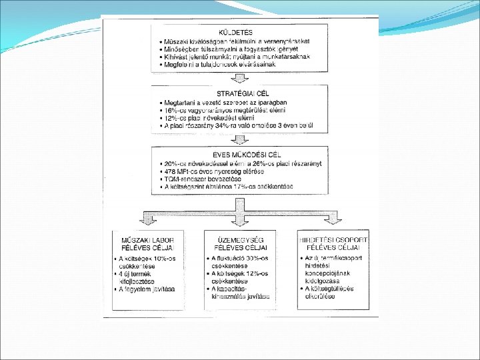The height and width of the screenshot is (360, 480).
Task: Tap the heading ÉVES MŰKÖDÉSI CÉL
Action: (239, 155)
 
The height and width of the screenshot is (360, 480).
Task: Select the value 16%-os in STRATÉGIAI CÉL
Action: (177, 109)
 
